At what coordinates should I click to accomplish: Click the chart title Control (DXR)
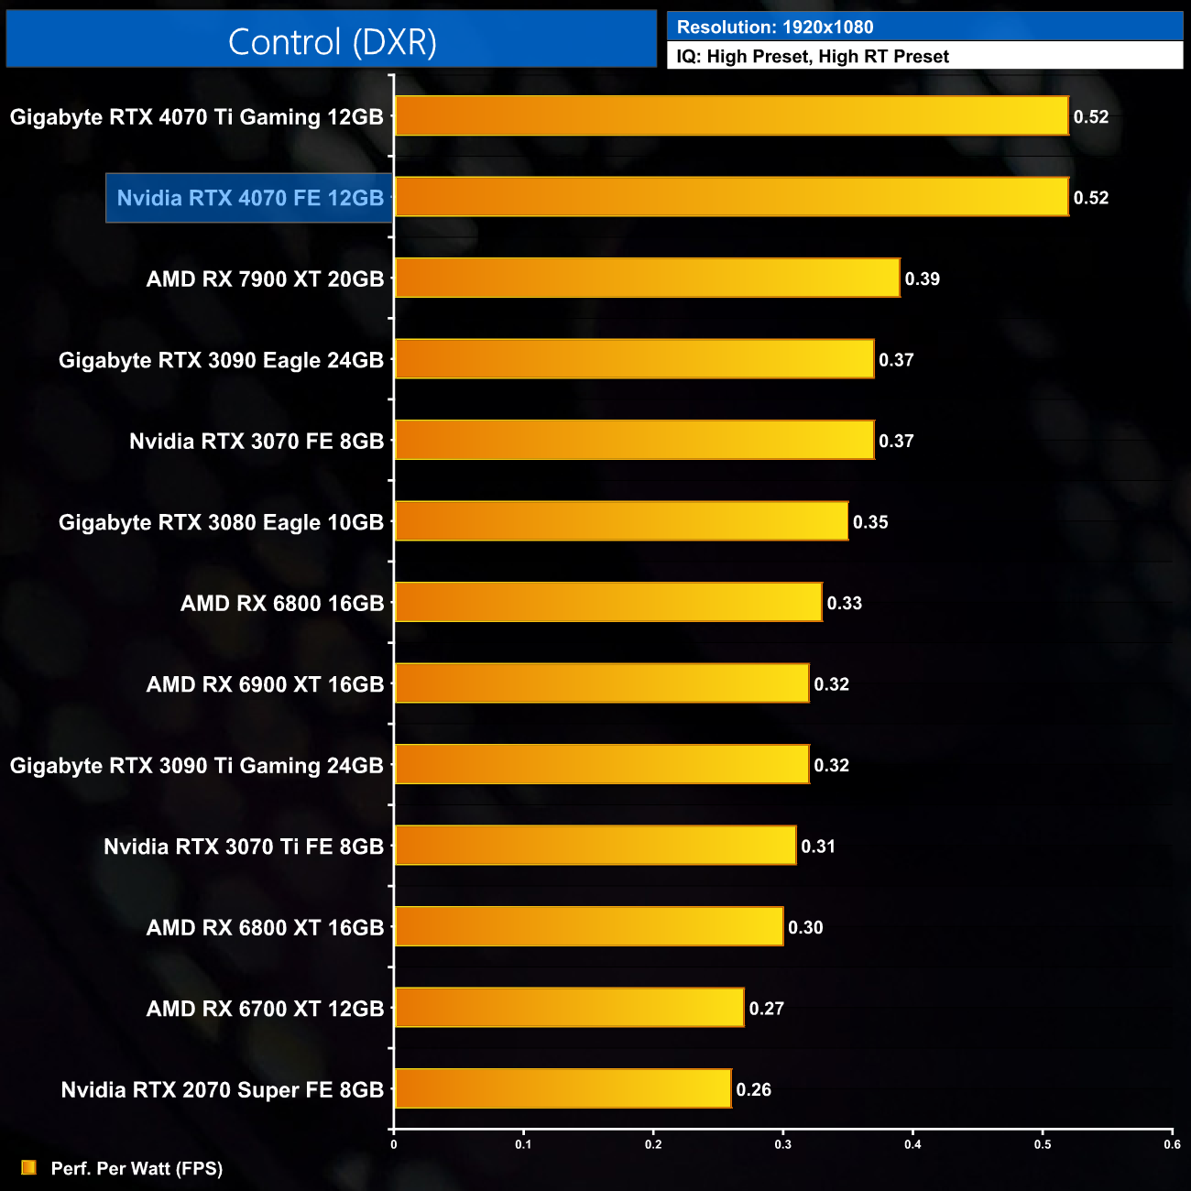point(332,42)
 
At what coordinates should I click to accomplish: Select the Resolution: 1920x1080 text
point(775,27)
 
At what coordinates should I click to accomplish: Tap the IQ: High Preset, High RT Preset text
point(813,57)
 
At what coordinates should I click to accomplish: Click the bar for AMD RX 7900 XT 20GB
point(647,279)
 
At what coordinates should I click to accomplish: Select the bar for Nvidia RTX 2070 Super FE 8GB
point(563,1088)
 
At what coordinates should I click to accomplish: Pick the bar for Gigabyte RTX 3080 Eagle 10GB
point(621,521)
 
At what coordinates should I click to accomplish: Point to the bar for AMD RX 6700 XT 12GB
point(569,1008)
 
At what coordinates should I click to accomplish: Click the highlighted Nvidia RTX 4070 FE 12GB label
point(250,198)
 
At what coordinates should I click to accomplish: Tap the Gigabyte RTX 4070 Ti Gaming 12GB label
point(197,117)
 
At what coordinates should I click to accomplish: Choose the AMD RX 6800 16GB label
point(282,604)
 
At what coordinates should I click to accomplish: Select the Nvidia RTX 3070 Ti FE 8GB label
point(244,847)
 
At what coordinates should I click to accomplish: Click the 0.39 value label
point(923,279)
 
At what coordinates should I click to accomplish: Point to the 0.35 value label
point(870,522)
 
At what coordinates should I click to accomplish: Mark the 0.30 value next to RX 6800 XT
point(805,928)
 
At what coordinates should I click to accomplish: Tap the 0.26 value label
point(754,1090)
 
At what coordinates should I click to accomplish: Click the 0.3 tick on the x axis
point(783,1144)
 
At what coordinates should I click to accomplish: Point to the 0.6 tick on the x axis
point(1173,1144)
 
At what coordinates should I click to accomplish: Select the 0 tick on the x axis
point(394,1144)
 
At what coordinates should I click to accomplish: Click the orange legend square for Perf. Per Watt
point(29,1167)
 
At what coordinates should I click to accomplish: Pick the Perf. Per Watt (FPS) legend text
point(137,1168)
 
